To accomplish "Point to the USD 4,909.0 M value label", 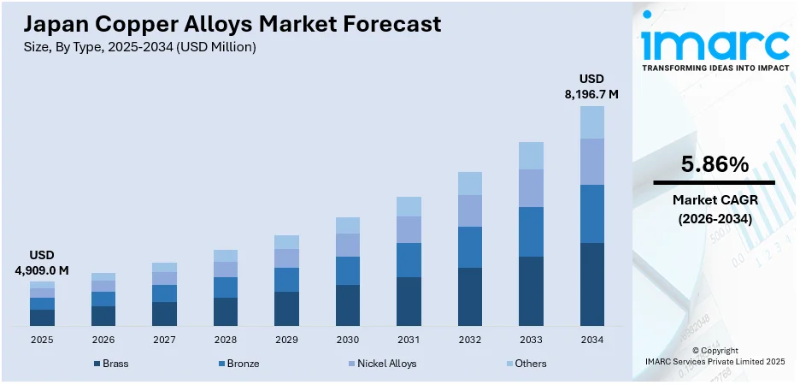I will pyautogui.click(x=42, y=264).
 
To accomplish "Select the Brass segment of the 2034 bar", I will pyautogui.click(x=591, y=284).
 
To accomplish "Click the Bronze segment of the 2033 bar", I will pyautogui.click(x=531, y=232).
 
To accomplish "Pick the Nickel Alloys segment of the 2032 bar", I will pyautogui.click(x=469, y=210).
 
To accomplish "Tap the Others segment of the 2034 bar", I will pyautogui.click(x=591, y=122).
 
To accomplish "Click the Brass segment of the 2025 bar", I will pyautogui.click(x=42, y=317).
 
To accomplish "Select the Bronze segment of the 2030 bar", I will pyautogui.click(x=347, y=270).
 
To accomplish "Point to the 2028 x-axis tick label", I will pyautogui.click(x=226, y=340).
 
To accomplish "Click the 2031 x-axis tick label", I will pyautogui.click(x=409, y=340).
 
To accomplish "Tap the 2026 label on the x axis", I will pyautogui.click(x=103, y=340).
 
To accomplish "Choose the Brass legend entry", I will pyautogui.click(x=111, y=364).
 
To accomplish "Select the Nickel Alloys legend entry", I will pyautogui.click(x=381, y=364).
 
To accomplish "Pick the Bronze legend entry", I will pyautogui.click(x=238, y=364).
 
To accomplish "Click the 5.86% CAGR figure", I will pyautogui.click(x=714, y=164).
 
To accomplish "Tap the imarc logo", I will pyautogui.click(x=715, y=44).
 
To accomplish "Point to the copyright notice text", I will pyautogui.click(x=715, y=356).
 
